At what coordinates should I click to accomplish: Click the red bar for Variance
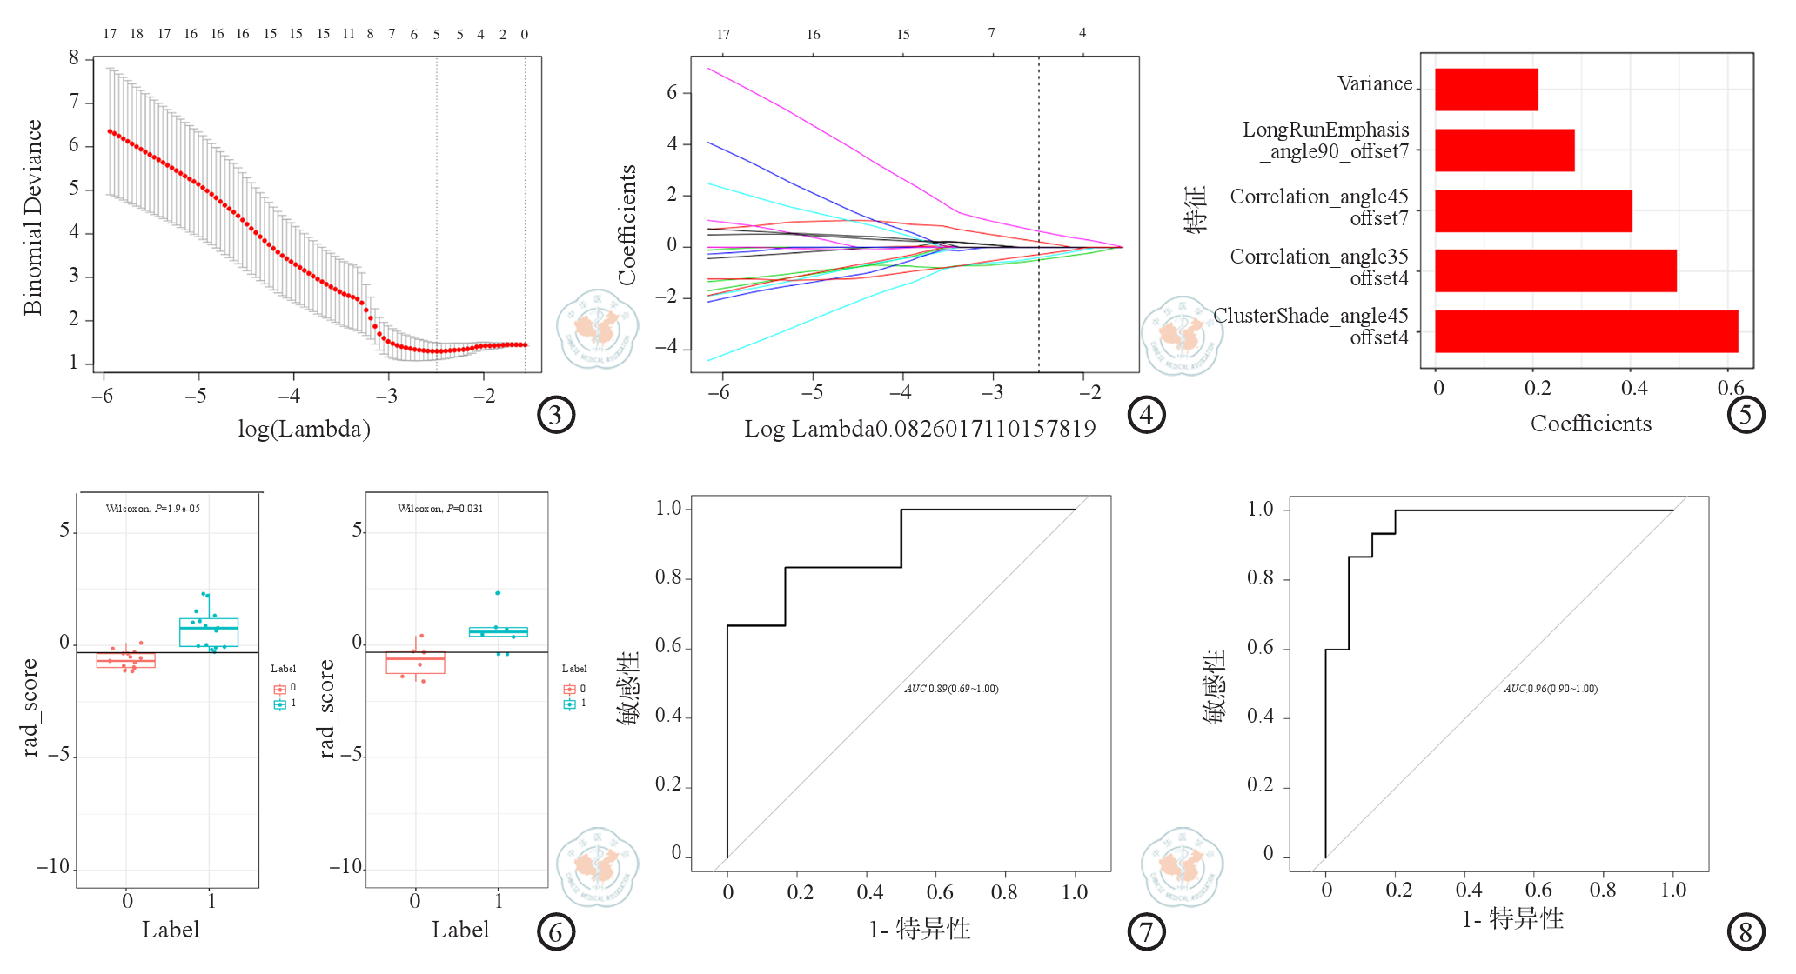[1486, 90]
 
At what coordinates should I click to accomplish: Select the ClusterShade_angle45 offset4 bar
[1585, 331]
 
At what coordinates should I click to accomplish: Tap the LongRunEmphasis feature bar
[1504, 150]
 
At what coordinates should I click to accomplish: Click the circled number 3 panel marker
[556, 416]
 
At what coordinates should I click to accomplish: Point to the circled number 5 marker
[1745, 415]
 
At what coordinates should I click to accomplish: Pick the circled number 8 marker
[1745, 932]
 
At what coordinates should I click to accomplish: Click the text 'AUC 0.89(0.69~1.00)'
[951, 689]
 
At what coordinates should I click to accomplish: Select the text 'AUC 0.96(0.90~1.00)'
[1550, 689]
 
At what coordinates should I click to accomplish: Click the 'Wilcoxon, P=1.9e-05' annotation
[153, 509]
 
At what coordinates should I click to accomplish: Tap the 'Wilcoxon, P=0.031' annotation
[440, 509]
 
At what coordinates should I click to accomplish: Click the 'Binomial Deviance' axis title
[32, 217]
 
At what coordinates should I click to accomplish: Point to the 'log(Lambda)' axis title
[305, 429]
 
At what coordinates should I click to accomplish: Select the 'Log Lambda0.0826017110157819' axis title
[920, 429]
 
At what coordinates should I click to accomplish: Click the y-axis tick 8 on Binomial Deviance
[74, 58]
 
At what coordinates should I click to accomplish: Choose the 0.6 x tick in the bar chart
[1731, 388]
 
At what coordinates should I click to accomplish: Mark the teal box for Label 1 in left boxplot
[209, 632]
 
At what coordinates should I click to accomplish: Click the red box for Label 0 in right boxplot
[415, 663]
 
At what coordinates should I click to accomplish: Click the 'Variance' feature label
[1375, 84]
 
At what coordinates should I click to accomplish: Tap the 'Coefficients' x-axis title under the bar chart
[1591, 424]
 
